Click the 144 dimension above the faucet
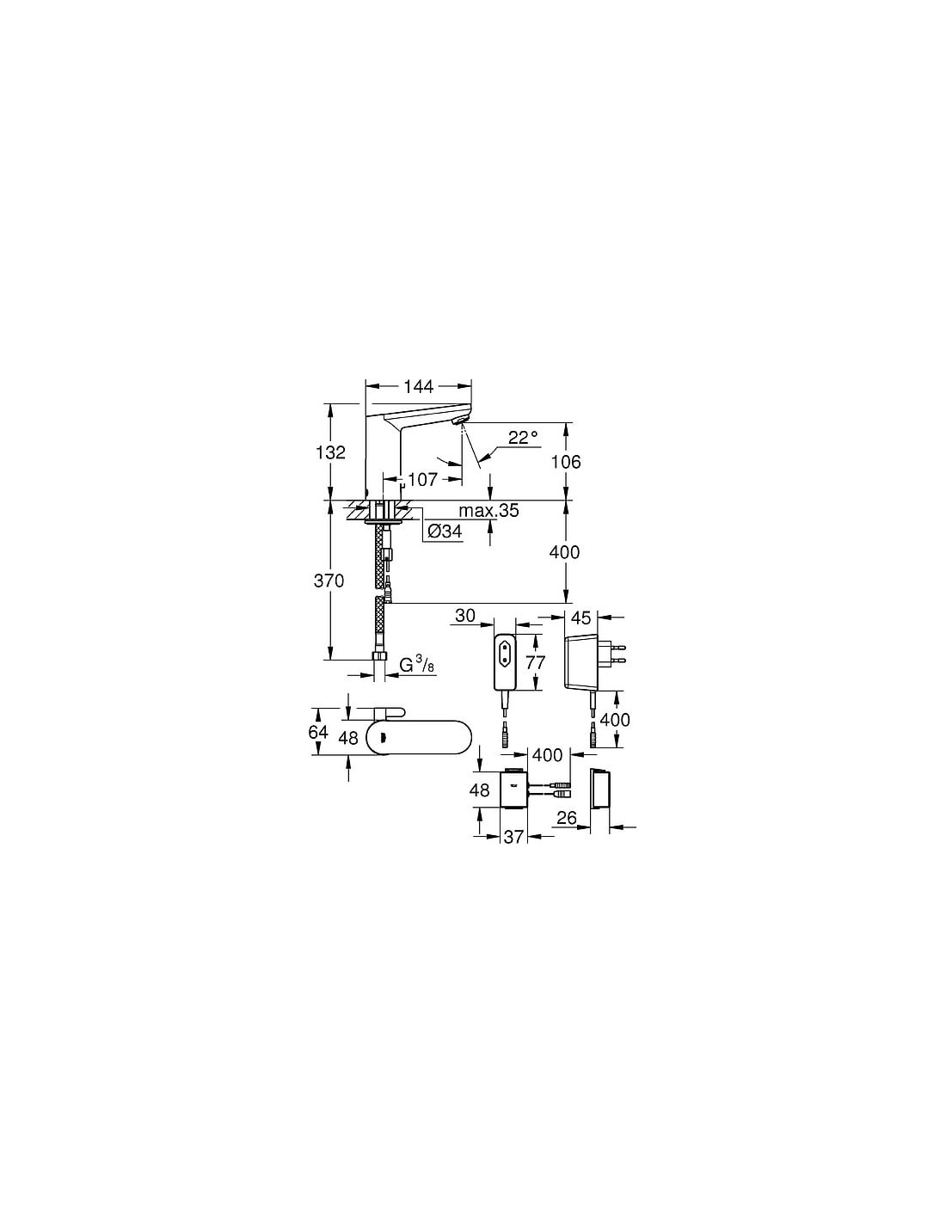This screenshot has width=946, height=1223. coord(419,386)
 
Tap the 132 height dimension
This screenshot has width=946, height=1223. coord(330,452)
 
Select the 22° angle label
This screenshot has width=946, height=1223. coord(523,437)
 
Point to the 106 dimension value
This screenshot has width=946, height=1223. coord(566,462)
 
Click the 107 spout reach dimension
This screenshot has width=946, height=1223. coord(422,479)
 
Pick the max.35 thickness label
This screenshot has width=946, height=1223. coord(488,511)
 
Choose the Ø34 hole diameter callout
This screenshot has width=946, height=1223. coord(445,532)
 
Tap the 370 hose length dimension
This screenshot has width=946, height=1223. coord(329,581)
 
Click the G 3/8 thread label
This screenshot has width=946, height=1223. coord(416,665)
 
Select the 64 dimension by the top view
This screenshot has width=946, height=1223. coord(318,732)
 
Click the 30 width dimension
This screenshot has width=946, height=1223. coord(465,616)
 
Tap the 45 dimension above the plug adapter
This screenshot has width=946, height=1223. coord(580,618)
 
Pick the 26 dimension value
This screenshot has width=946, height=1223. coord(567,817)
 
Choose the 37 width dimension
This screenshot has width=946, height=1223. coord(513,837)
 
